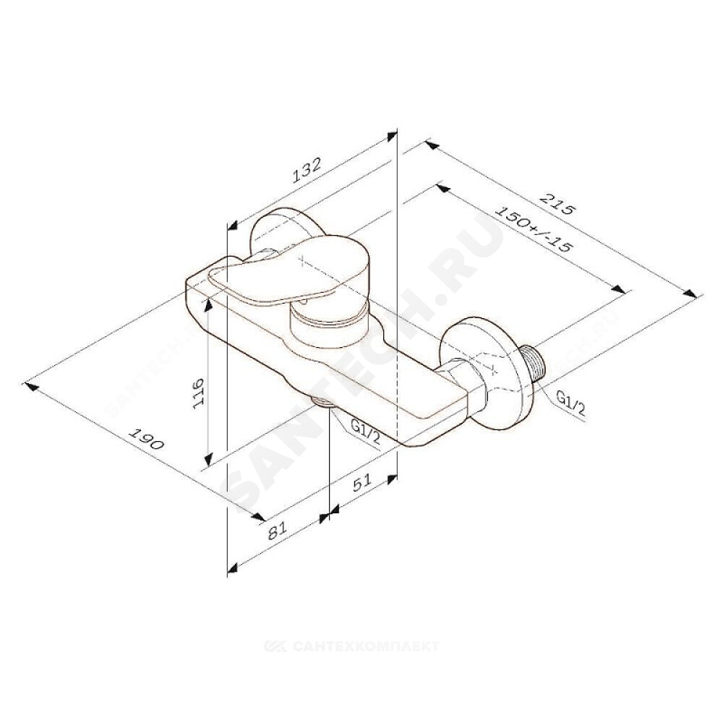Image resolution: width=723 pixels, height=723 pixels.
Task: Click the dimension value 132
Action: click(x=307, y=170)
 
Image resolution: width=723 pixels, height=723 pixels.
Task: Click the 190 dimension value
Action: click(x=147, y=439)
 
